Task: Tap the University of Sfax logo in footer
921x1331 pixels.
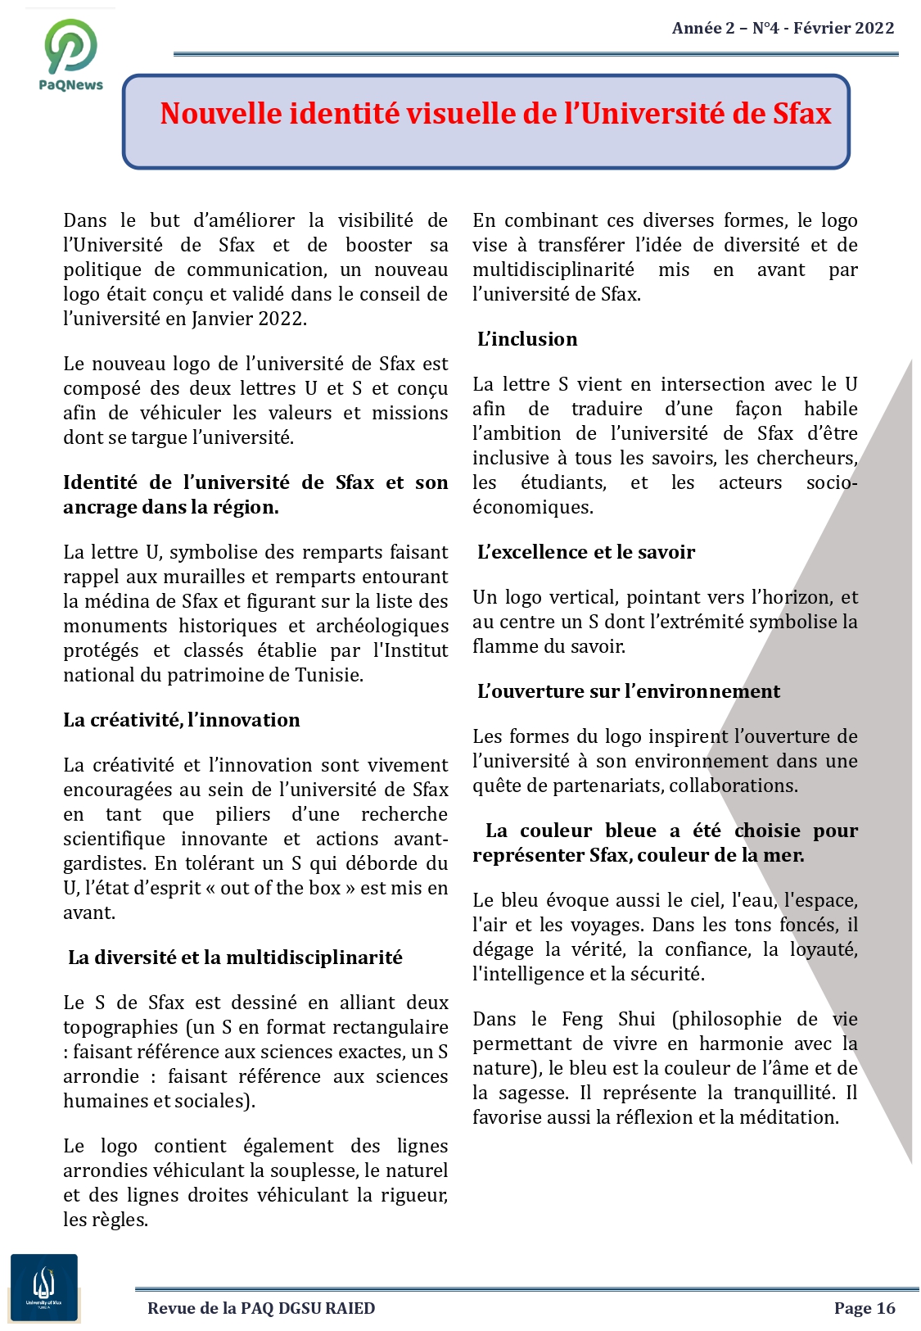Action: pyautogui.click(x=44, y=1287)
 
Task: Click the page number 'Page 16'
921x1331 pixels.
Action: pyautogui.click(x=865, y=1308)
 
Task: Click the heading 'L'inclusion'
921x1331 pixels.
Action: pyautogui.click(x=527, y=339)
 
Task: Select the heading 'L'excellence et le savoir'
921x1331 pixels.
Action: pyautogui.click(x=586, y=552)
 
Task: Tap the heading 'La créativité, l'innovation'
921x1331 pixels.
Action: pyautogui.click(x=182, y=720)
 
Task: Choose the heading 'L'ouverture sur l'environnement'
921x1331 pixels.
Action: pyautogui.click(x=629, y=691)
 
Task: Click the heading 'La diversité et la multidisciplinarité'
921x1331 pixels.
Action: pyautogui.click(x=235, y=958)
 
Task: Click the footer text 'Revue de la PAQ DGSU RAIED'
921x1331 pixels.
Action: pyautogui.click(x=261, y=1308)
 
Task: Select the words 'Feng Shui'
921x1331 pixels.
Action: pyautogui.click(x=608, y=1019)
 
